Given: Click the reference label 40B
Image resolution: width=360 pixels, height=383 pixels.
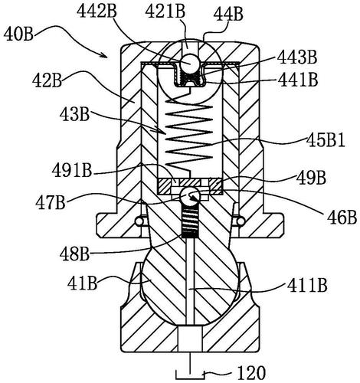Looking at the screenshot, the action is pos(18,35).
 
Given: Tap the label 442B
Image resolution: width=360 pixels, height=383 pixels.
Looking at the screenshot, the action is pos(97,11).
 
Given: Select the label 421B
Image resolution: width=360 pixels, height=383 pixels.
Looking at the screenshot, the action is pos(165,11).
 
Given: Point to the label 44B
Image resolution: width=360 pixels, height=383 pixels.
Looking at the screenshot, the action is pos(228,15).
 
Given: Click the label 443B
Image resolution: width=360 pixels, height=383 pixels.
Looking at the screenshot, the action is pos(297,57).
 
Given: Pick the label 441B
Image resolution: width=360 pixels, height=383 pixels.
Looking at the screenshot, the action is pos(298,80).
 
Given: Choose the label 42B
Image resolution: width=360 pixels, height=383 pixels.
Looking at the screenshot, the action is pos(47,80).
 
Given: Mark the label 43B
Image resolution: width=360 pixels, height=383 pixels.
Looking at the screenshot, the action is pos(74,114).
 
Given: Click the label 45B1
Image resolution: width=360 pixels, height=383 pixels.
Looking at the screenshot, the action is pos(326,141).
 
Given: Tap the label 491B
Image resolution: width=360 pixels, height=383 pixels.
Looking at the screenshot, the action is pos(72,171).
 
